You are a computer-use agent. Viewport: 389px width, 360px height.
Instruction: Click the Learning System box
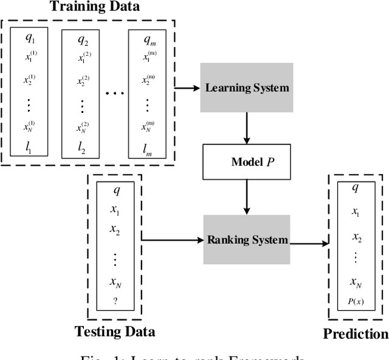[246, 88]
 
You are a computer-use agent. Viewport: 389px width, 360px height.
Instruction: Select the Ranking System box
[246, 239]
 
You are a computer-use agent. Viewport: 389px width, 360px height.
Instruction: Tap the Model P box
[246, 162]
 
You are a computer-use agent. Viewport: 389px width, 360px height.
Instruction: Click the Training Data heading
[94, 8]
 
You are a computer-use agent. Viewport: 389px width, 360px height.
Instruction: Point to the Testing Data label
[115, 331]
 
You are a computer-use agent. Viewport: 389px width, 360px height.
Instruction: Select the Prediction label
[356, 333]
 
